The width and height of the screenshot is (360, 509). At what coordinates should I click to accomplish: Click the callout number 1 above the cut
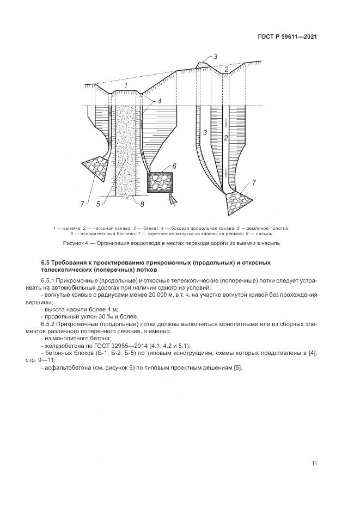click(126, 85)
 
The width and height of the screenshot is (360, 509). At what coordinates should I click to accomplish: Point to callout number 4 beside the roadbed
click(160, 101)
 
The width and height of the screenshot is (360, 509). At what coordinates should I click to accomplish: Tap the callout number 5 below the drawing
click(98, 204)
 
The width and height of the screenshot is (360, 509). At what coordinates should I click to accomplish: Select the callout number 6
click(174, 165)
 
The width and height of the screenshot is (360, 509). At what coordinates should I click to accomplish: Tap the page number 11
click(314, 463)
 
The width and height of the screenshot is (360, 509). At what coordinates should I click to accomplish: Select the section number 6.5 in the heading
click(46, 263)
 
